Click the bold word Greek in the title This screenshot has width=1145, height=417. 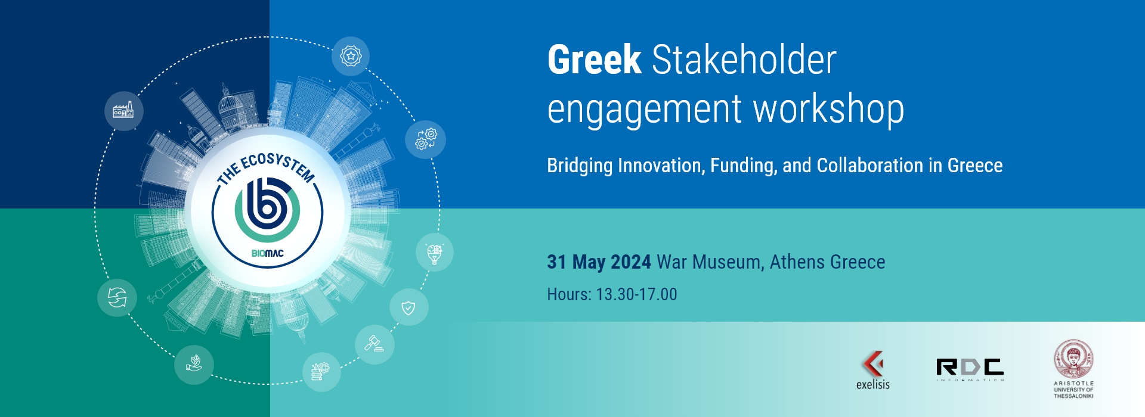[594, 60]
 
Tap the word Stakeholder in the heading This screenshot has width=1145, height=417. [744, 60]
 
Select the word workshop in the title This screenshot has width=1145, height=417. [828, 110]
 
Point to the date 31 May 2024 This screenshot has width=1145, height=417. [599, 262]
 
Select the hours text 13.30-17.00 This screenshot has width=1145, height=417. [636, 294]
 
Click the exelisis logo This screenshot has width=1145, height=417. [872, 371]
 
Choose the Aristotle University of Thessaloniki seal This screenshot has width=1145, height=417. [1073, 360]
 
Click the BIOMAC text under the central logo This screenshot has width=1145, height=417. [267, 253]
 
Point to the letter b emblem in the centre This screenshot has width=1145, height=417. [267, 208]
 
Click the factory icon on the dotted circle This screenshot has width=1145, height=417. [124, 111]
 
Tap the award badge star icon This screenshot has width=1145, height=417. [351, 56]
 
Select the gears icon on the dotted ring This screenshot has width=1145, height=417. [426, 139]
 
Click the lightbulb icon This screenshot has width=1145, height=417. [435, 253]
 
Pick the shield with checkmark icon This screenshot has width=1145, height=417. [409, 307]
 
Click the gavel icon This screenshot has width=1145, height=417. [375, 344]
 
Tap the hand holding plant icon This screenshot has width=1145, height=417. [194, 365]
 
